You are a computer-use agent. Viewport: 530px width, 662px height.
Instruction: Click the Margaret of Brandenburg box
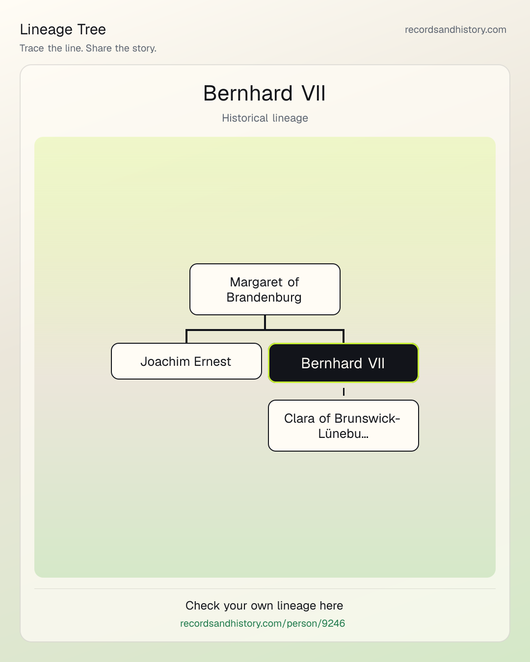point(265,289)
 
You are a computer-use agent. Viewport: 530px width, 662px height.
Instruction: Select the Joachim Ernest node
point(186,361)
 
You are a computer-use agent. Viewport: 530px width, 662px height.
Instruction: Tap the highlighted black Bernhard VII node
point(344,363)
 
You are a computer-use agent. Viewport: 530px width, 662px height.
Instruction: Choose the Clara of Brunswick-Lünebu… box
point(344,426)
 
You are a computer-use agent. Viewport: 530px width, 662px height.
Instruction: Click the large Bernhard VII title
point(264,93)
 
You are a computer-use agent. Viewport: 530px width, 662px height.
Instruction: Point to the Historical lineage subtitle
point(265,118)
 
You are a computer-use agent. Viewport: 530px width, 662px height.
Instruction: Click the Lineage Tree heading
point(63,29)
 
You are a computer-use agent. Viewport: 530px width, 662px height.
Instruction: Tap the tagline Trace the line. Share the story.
point(88,48)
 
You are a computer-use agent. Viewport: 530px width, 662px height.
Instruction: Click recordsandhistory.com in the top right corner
point(455,29)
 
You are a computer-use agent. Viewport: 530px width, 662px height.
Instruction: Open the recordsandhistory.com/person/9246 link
point(263,623)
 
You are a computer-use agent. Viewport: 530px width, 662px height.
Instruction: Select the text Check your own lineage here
point(264,606)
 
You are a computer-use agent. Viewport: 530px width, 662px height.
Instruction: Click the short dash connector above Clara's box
point(344,392)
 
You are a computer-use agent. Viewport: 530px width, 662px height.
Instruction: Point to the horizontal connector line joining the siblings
point(265,330)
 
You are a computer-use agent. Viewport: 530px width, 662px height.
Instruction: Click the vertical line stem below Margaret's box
point(265,322)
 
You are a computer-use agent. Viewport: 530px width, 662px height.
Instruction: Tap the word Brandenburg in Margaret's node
point(264,298)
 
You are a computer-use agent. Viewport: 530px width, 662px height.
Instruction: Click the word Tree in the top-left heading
point(91,29)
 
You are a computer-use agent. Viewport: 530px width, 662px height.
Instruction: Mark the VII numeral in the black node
point(376,363)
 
